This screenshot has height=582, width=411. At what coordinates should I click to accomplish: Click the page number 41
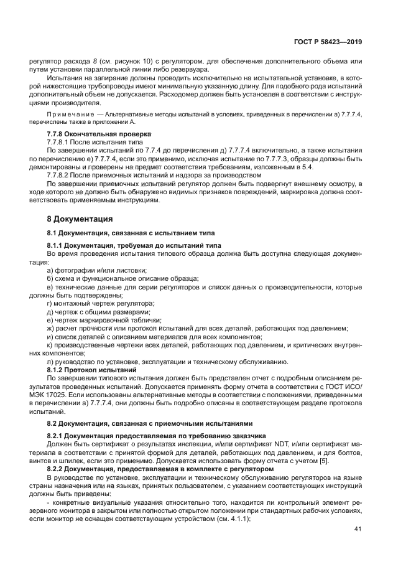coord(356,529)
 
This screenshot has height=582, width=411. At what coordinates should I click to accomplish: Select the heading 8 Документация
coord(80,218)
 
